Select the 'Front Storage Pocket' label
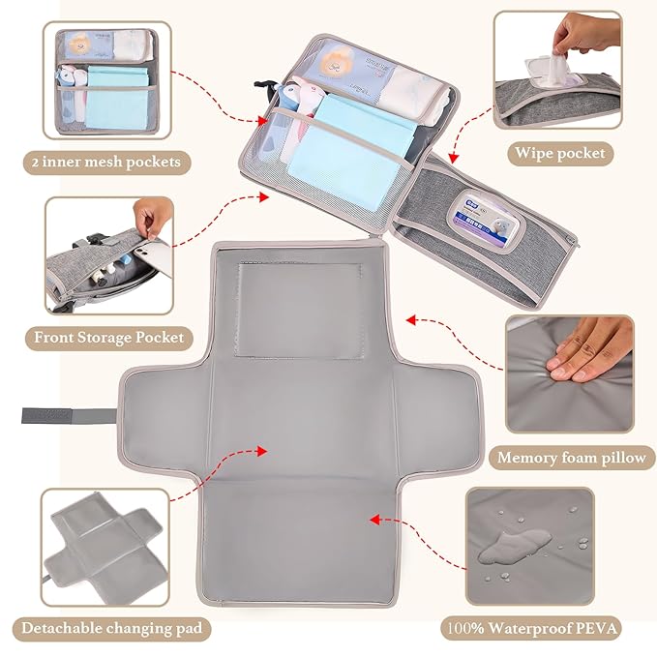(108, 338)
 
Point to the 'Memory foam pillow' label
(570, 458)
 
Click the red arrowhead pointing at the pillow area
(411, 318)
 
